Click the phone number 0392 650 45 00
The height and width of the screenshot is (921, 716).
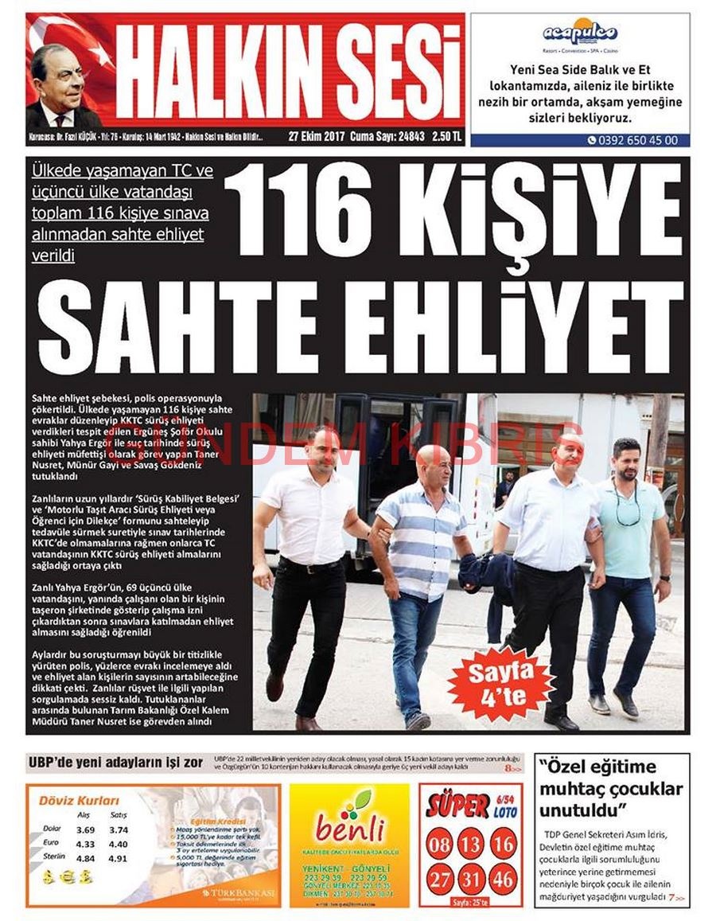(x=637, y=140)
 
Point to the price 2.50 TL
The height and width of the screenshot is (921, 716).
(x=447, y=136)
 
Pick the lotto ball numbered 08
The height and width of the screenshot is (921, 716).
(x=438, y=844)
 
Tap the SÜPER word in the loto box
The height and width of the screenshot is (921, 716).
(x=457, y=806)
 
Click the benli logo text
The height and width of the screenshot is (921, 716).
(x=349, y=828)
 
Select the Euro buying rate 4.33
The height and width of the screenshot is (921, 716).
(x=85, y=844)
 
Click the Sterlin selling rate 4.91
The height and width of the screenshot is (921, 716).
(x=117, y=859)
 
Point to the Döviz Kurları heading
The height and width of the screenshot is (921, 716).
(x=79, y=800)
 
